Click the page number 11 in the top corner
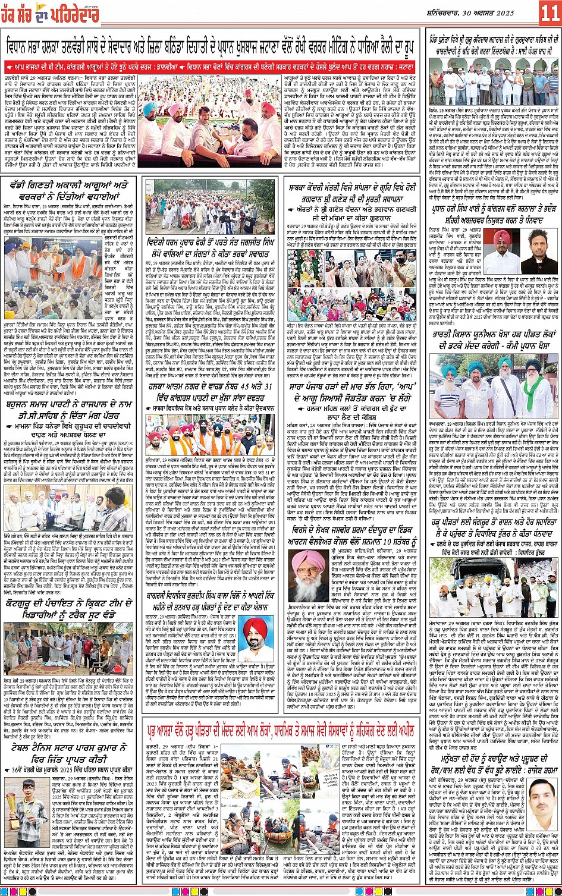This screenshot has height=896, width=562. click(548, 11)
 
